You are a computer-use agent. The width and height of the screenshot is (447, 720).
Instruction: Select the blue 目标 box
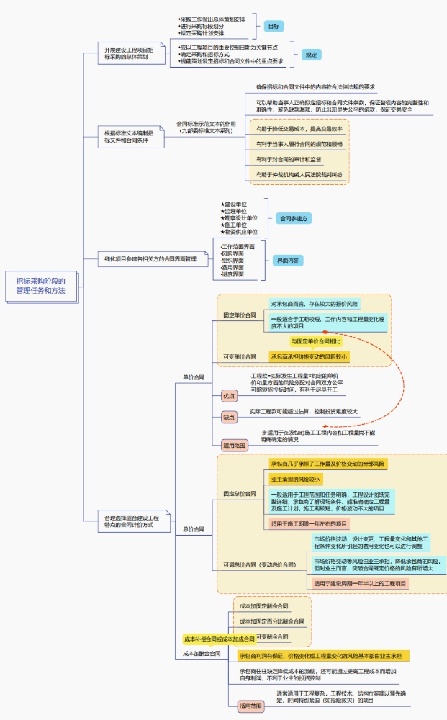(x=274, y=26)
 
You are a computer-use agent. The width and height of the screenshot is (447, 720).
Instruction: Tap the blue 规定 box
(x=310, y=55)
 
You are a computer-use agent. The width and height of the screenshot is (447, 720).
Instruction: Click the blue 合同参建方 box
(x=294, y=217)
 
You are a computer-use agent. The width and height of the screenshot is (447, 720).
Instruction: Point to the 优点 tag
(x=229, y=396)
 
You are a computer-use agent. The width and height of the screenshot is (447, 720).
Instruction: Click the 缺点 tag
(x=229, y=417)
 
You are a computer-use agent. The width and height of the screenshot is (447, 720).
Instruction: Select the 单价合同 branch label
(x=193, y=377)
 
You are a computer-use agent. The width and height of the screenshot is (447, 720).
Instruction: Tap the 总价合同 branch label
(x=193, y=528)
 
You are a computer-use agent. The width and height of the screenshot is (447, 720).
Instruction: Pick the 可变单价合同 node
(x=239, y=356)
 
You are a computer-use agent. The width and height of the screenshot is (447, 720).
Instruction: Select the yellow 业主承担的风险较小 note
(x=295, y=479)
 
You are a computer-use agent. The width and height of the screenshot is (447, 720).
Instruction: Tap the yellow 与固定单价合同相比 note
(x=315, y=341)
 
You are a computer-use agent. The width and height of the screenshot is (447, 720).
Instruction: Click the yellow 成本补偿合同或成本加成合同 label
(x=219, y=639)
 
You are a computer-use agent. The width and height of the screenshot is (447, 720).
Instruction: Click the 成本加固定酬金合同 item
(x=263, y=606)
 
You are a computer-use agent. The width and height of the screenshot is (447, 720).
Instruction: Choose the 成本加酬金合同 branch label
(x=202, y=654)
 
